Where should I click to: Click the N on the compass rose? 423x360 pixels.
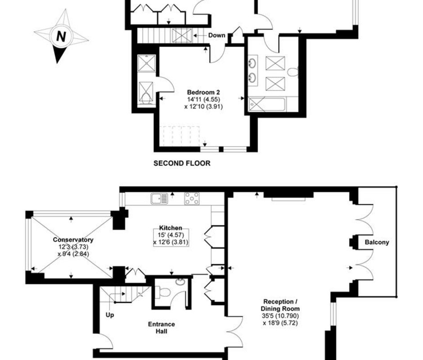(61, 36)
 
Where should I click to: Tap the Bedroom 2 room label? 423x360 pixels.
(203, 92)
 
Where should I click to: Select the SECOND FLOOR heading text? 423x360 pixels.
(182, 163)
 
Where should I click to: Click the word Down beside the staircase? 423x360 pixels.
(216, 36)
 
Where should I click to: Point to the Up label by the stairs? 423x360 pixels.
(110, 315)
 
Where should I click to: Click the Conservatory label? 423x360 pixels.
(73, 240)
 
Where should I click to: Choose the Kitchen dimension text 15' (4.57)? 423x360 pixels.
(171, 235)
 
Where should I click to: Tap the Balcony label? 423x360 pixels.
(377, 242)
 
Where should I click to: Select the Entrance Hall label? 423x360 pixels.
(161, 328)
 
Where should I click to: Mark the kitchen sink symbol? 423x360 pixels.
(159, 198)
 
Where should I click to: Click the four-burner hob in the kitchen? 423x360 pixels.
(192, 198)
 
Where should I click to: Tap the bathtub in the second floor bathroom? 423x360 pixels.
(266, 104)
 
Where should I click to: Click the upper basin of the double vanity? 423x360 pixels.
(253, 63)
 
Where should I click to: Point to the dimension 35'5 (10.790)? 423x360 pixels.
(280, 316)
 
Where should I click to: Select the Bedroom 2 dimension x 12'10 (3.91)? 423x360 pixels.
(203, 107)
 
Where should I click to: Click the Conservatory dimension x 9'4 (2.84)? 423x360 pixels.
(73, 254)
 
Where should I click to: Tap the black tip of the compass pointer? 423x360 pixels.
(57, 63)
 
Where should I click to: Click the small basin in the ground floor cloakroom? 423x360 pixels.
(180, 282)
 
